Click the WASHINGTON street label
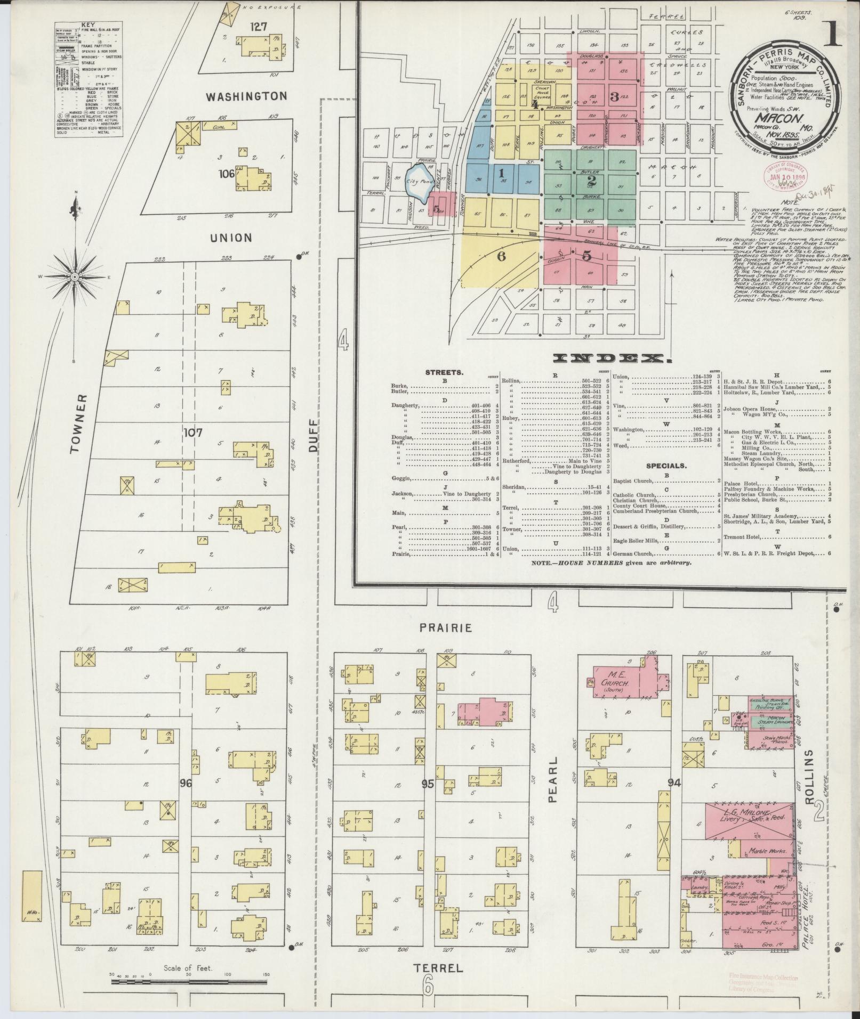coord(246,96)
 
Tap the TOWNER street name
coord(78,424)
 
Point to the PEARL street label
coord(553,772)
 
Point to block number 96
coord(186,784)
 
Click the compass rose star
coord(75,278)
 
